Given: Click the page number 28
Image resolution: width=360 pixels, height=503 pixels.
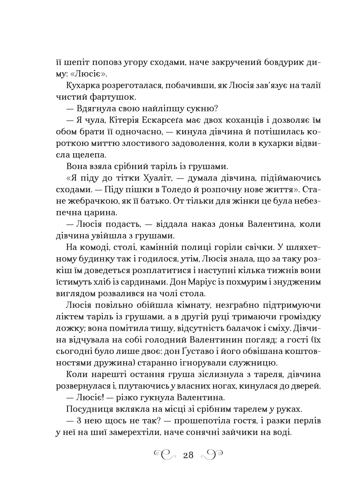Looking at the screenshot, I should click(188, 455).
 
